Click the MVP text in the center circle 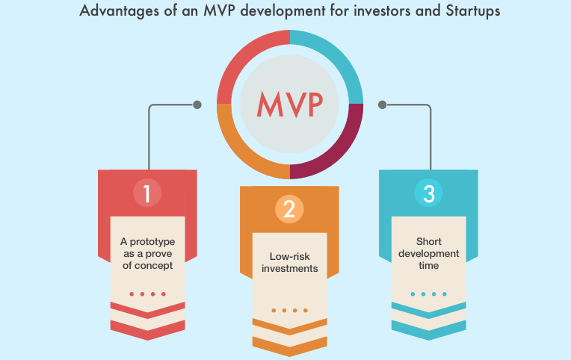click(x=290, y=104)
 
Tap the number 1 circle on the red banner click(x=147, y=193)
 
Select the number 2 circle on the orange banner click(x=289, y=209)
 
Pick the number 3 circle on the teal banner click(x=428, y=193)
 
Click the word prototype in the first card click(x=152, y=242)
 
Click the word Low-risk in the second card click(x=289, y=257)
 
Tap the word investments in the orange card click(x=289, y=269)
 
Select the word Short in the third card click(x=428, y=242)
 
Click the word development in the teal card click(x=428, y=254)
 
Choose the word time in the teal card click(x=428, y=266)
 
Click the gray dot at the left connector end click(x=197, y=105)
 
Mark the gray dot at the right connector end click(x=382, y=105)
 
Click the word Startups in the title click(x=472, y=11)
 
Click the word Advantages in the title click(x=120, y=11)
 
